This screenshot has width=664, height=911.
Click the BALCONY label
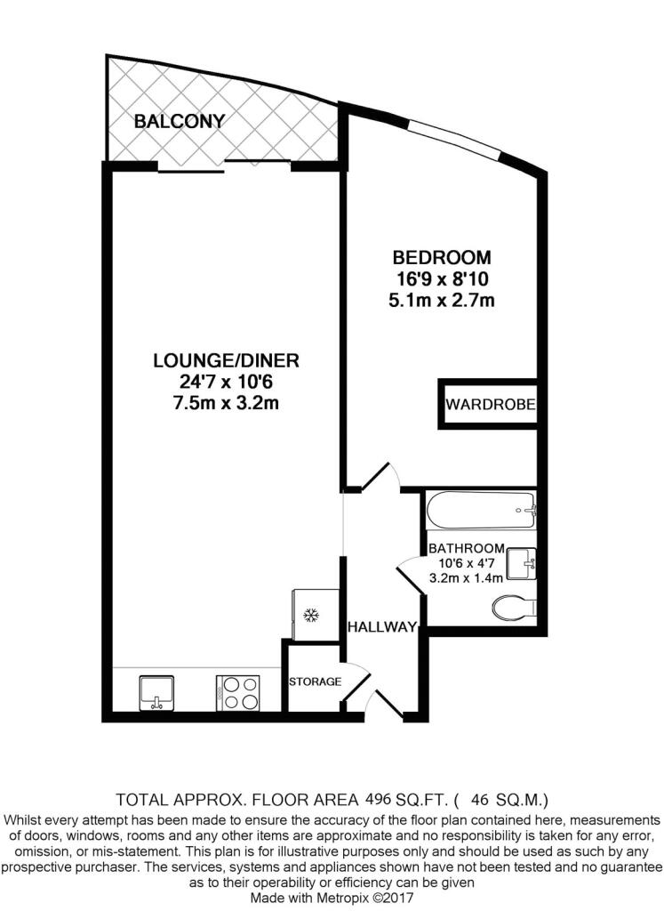(x=179, y=121)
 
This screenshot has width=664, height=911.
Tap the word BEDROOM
(x=441, y=257)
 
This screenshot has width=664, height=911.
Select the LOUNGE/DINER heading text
(x=226, y=360)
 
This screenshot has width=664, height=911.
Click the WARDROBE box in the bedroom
(x=488, y=405)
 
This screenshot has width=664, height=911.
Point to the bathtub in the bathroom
(x=481, y=511)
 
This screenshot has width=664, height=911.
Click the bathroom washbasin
(x=521, y=563)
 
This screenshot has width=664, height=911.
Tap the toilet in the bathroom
(x=514, y=609)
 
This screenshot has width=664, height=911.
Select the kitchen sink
(x=156, y=692)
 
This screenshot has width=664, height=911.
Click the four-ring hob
(x=237, y=692)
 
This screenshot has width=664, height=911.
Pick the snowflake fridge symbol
(x=312, y=615)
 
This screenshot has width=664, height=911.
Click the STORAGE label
(x=316, y=681)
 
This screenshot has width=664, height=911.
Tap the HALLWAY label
(x=382, y=627)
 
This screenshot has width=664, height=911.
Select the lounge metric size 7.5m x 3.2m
(x=227, y=403)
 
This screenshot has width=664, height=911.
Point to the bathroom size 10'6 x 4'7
(x=466, y=563)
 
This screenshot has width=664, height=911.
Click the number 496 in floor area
(x=377, y=800)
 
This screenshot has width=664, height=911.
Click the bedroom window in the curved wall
(x=454, y=138)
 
